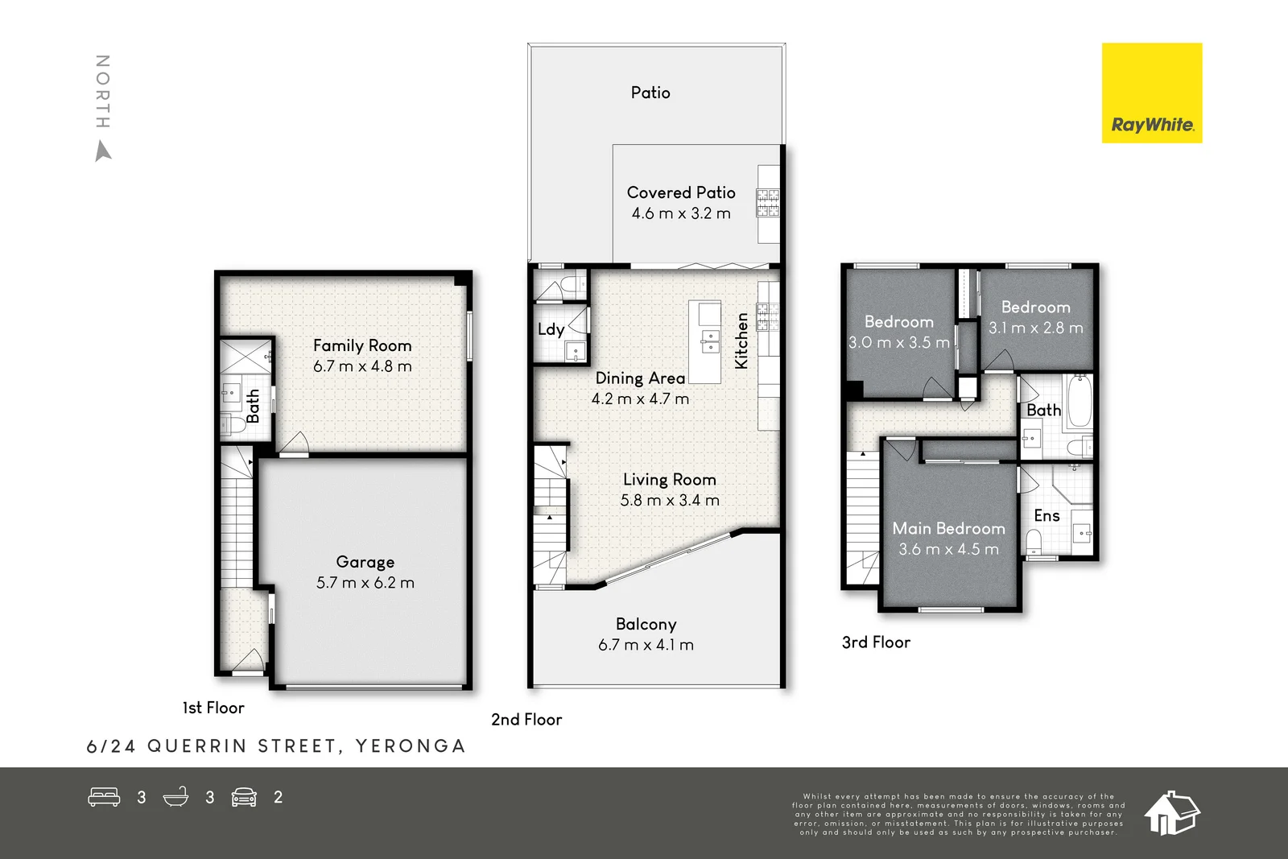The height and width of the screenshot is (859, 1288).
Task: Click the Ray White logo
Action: (1151, 93)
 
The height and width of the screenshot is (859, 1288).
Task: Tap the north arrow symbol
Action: (102, 151)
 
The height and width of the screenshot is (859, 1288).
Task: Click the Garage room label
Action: (365, 562)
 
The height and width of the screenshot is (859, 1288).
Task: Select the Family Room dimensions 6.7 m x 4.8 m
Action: (362, 366)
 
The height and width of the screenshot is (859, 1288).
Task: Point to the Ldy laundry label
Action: (551, 329)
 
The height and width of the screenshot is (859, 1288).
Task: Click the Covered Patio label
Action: (681, 192)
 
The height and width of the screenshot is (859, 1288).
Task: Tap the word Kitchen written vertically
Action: (741, 341)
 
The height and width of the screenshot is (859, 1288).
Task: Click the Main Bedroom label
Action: (948, 529)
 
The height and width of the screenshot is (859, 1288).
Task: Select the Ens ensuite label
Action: (1046, 516)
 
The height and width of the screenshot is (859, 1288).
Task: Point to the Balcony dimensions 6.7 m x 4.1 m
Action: (646, 645)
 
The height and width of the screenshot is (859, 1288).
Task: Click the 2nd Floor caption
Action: (526, 720)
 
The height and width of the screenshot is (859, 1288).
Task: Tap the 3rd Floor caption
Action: (876, 642)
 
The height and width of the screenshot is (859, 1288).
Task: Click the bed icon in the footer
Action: (104, 797)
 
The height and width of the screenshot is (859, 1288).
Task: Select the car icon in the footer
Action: (244, 797)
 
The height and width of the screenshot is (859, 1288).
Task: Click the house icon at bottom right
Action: (1171, 813)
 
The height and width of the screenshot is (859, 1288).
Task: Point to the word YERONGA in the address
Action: (411, 746)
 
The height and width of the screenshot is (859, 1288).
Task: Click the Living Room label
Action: (669, 480)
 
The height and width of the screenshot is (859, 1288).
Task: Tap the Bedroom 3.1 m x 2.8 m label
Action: (1035, 308)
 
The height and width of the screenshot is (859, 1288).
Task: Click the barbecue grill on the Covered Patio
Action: (767, 202)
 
